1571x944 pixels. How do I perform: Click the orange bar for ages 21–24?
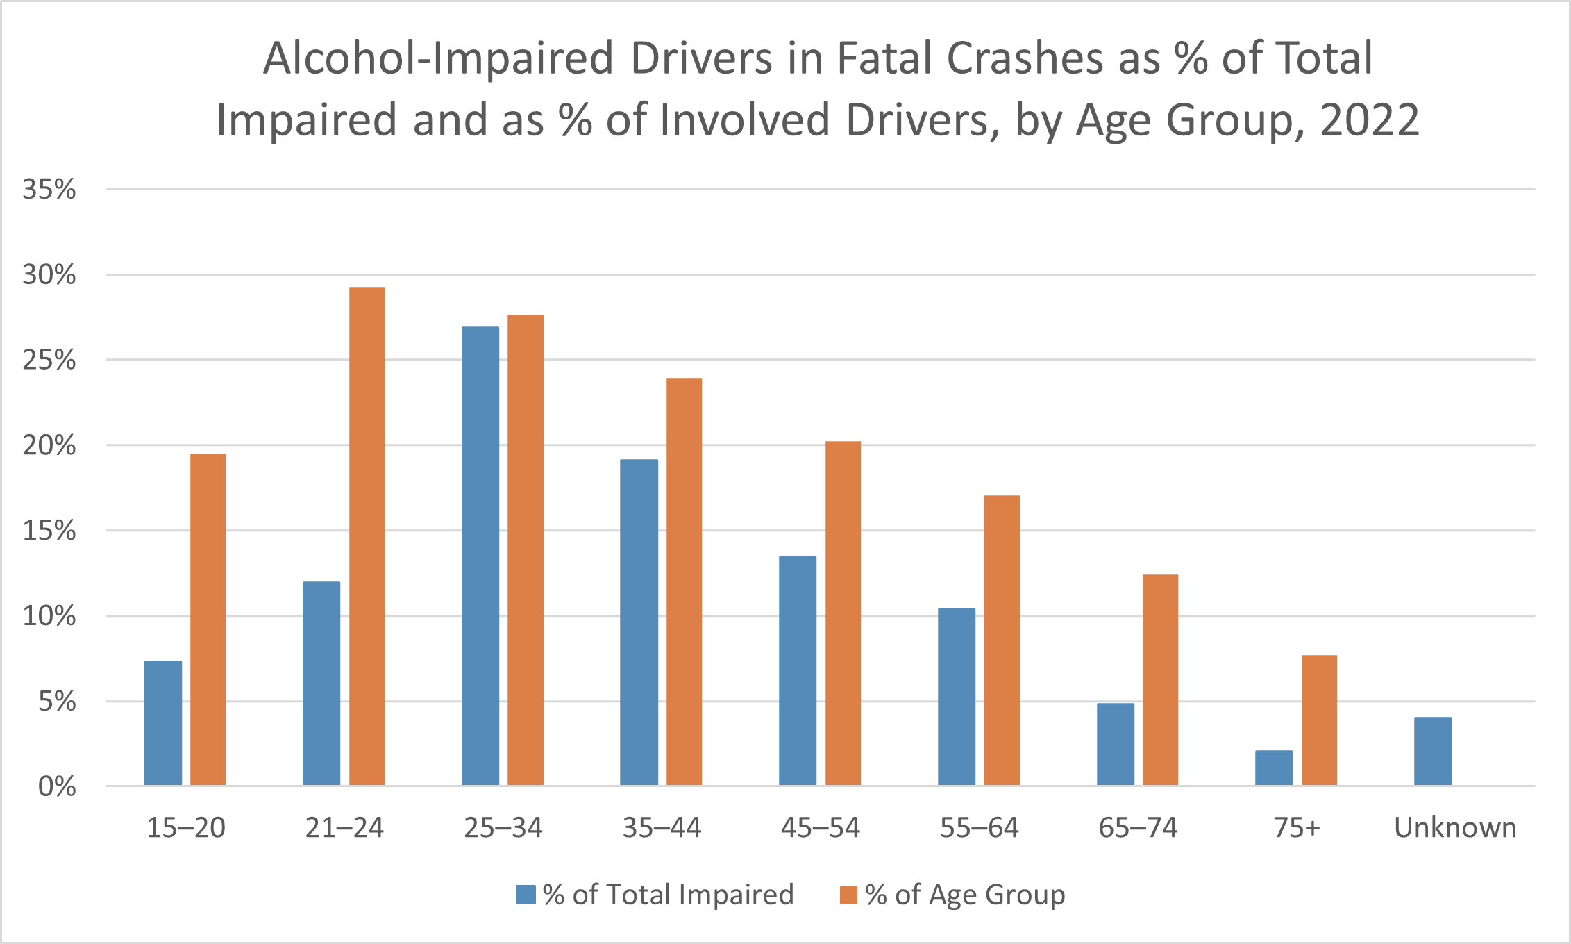[x=367, y=536]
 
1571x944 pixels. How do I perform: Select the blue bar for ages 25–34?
[x=480, y=556]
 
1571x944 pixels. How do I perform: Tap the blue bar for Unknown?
[x=1433, y=751]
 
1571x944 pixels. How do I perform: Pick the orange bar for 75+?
[x=1319, y=720]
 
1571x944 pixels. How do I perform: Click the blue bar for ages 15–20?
[x=163, y=722]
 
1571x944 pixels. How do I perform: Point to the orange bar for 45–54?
[x=843, y=613]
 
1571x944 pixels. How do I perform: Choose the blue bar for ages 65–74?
[x=1116, y=744]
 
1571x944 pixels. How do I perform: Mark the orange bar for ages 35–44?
[x=684, y=581]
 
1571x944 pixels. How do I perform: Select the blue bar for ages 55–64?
[x=957, y=697]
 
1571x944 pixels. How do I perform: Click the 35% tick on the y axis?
[x=49, y=189]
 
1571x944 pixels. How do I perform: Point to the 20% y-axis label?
[x=49, y=445]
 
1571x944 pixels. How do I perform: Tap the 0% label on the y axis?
[x=57, y=786]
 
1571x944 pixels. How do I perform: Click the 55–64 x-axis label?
[x=979, y=828]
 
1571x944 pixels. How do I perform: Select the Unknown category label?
[x=1455, y=828]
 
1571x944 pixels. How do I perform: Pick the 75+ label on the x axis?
[x=1296, y=828]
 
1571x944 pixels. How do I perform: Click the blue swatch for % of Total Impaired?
[x=526, y=895]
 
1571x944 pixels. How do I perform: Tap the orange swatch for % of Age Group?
[x=848, y=895]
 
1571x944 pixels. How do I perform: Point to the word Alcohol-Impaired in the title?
[x=439, y=58]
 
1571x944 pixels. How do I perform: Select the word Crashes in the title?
[x=1025, y=58]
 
